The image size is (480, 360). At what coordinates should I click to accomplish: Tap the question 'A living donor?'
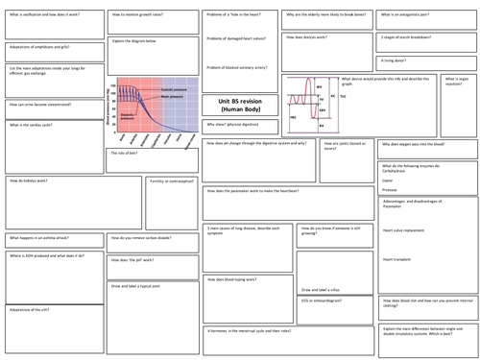click(x=394, y=60)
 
